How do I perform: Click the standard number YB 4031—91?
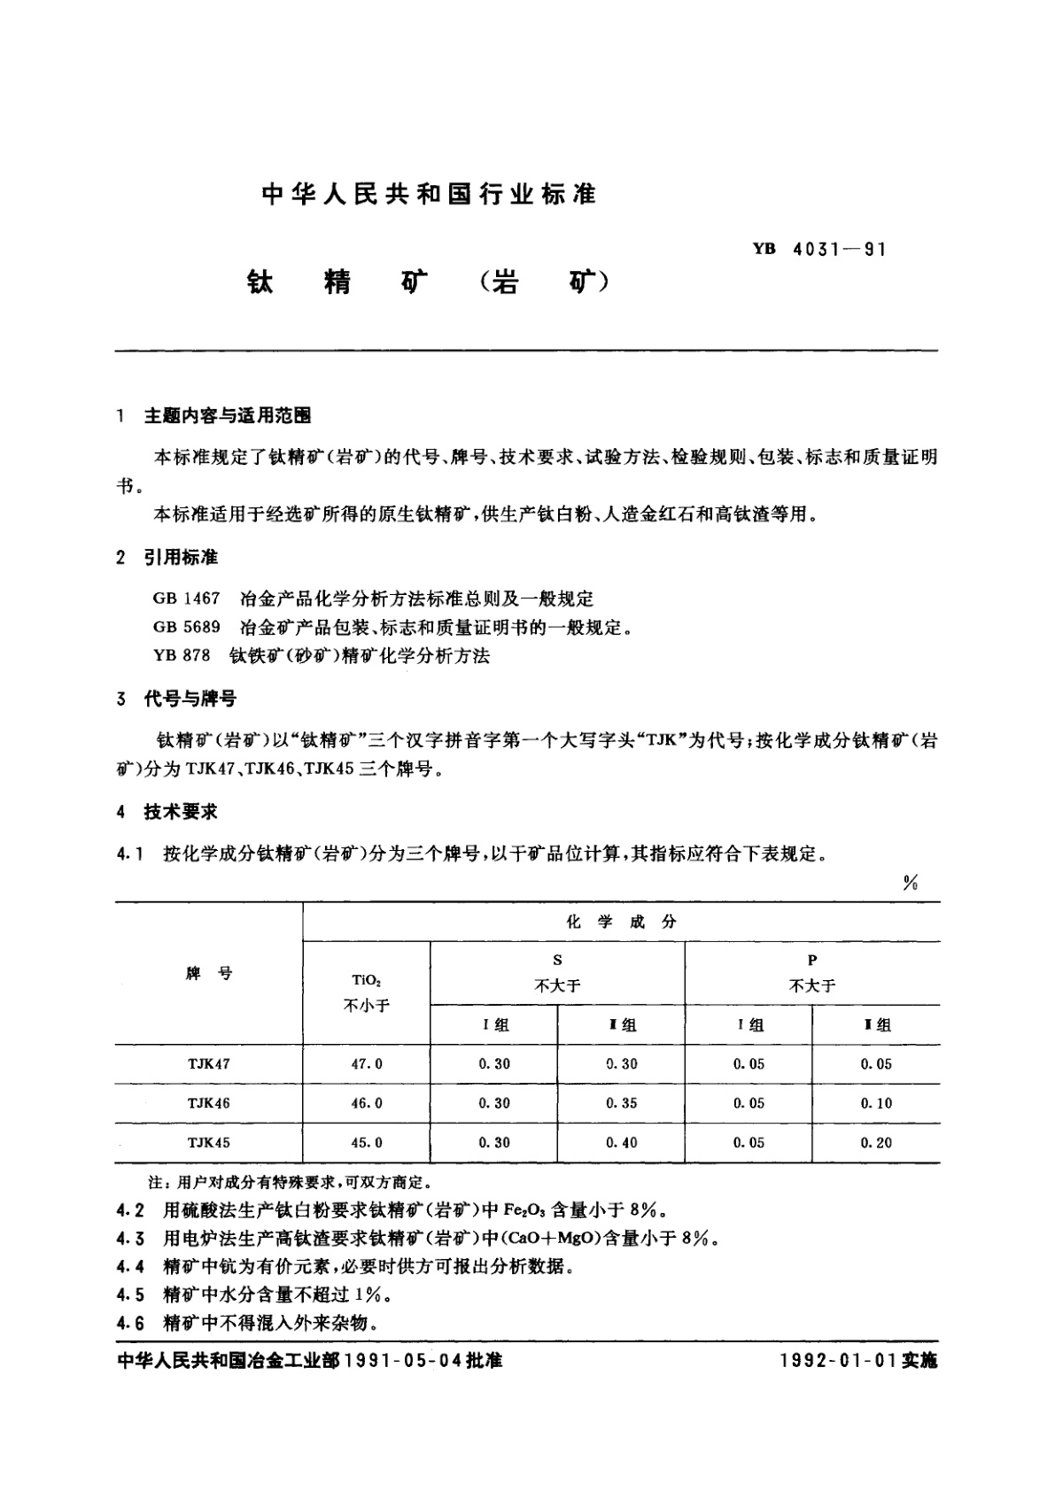[819, 249]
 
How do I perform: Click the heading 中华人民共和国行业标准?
[429, 194]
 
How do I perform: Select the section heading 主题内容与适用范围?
[227, 415]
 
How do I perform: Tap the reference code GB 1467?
[186, 599]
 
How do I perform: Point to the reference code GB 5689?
[186, 628]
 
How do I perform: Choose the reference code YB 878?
[182, 656]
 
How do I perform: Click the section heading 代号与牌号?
[190, 699]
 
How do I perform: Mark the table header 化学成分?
[621, 922]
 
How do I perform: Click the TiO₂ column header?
[366, 980]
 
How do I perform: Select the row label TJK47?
[209, 1064]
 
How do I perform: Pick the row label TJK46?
[209, 1103]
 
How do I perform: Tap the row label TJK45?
[209, 1143]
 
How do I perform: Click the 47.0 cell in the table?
[367, 1064]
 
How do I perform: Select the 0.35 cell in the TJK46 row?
[621, 1103]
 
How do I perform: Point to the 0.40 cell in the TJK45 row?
[621, 1143]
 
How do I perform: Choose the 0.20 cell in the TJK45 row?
[876, 1143]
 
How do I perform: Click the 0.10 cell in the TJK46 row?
[876, 1103]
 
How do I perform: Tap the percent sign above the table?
[910, 883]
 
